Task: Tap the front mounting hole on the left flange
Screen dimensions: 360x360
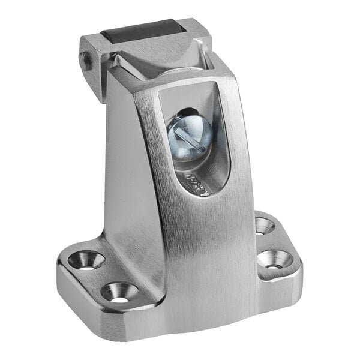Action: pyautogui.click(x=119, y=292)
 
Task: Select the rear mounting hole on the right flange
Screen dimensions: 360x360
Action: pyautogui.click(x=264, y=226)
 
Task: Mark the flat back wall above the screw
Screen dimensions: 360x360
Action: pyautogui.click(x=180, y=99)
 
